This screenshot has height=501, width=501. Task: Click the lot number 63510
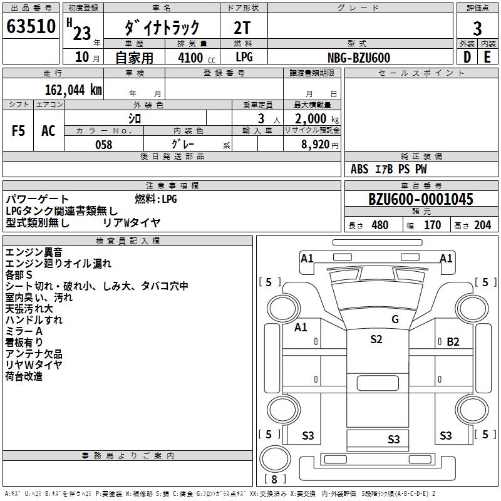click(x=31, y=28)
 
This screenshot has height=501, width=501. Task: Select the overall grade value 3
click(x=477, y=29)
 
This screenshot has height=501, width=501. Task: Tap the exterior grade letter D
click(x=467, y=57)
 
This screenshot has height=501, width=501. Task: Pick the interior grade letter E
click(x=488, y=57)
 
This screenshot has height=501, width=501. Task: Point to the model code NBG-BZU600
click(x=359, y=58)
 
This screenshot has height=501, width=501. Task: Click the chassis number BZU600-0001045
click(x=421, y=200)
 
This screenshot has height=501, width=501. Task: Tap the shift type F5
click(x=19, y=131)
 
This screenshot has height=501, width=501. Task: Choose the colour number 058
click(x=103, y=145)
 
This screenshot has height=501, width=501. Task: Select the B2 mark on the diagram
click(x=453, y=342)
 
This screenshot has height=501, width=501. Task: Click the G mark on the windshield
click(x=395, y=319)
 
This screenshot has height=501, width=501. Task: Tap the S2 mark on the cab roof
click(x=376, y=339)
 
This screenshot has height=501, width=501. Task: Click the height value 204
click(x=482, y=225)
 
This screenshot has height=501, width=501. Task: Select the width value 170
click(x=432, y=225)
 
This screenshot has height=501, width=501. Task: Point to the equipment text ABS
click(x=359, y=169)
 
